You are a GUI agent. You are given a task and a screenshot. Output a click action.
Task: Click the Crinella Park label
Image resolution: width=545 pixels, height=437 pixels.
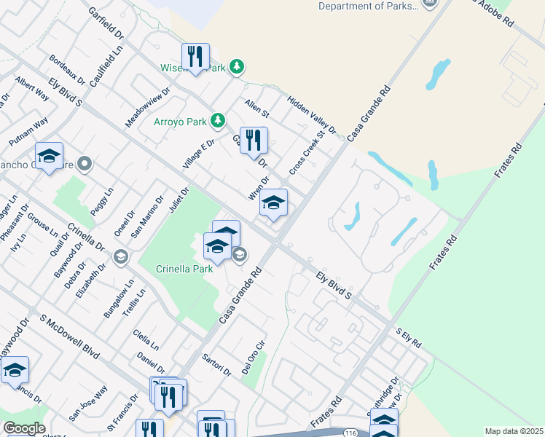(185, 268)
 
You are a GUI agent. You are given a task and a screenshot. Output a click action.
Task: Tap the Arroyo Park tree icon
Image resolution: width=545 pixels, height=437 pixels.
(217, 119)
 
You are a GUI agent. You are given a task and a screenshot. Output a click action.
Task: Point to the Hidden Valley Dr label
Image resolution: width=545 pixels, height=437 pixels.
(312, 116)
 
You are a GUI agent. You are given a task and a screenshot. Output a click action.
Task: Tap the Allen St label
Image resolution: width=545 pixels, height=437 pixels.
(256, 109)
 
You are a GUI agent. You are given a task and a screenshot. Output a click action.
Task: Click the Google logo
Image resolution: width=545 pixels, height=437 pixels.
(23, 428)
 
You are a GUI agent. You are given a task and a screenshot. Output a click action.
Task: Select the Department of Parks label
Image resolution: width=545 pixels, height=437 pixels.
(369, 7)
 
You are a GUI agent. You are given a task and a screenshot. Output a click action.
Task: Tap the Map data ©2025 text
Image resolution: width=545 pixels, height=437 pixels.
(513, 431)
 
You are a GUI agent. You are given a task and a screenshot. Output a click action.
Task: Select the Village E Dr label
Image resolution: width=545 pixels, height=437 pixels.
(199, 154)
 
